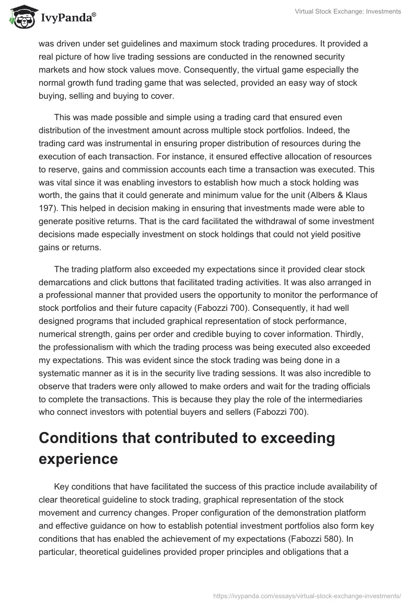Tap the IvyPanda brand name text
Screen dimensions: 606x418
coord(66,18)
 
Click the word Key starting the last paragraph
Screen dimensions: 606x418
coord(62,487)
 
